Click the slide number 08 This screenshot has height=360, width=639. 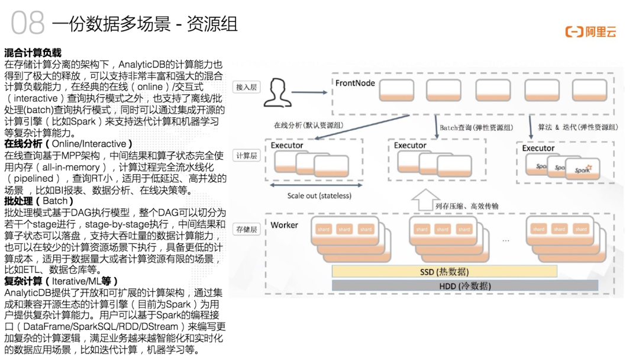pos(28,23)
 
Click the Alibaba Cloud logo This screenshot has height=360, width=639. pos(590,32)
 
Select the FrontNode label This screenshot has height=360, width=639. pos(355,83)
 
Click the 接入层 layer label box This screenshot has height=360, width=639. pos(247,86)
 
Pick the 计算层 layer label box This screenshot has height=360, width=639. pos(246,155)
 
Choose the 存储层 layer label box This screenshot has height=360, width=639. pos(247,229)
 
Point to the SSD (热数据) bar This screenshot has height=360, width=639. pos(444,272)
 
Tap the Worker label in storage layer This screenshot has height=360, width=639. pos(285,225)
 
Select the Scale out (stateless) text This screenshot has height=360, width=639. pos(319,196)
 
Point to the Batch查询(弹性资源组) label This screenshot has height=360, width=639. pos(476,128)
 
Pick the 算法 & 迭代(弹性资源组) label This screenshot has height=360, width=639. pos(577,127)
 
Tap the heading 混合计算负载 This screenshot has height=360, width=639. pos(33,53)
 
